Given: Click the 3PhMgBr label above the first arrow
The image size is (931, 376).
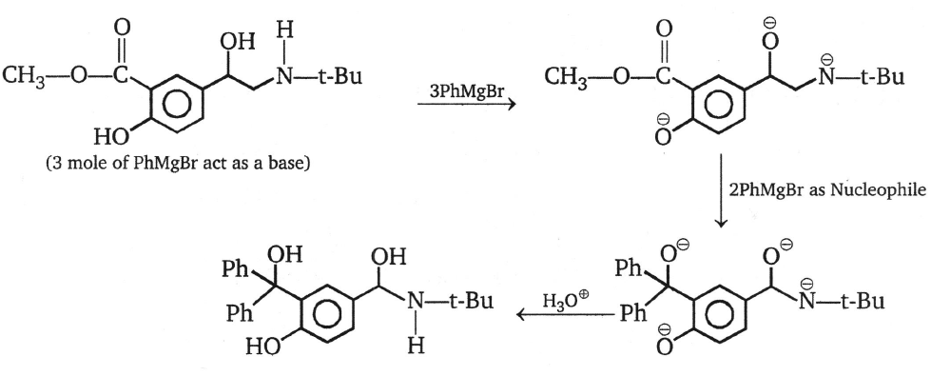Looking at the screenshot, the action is click(x=463, y=88).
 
